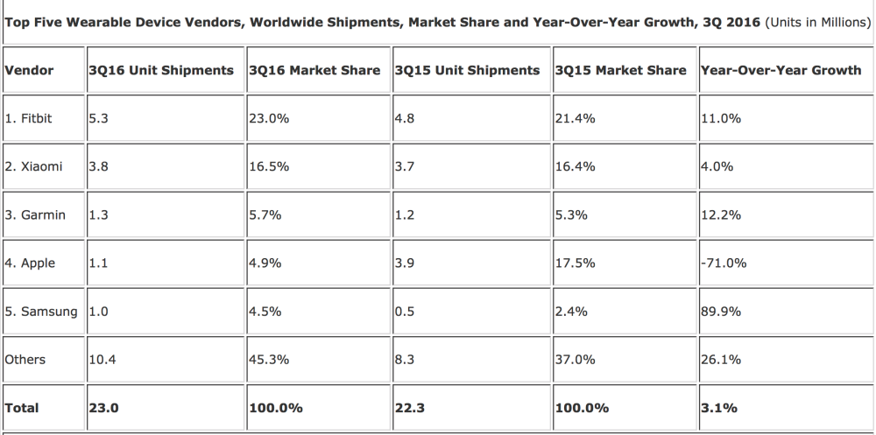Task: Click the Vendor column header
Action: click(29, 70)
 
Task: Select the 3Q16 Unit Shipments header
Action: click(161, 70)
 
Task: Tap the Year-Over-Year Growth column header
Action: click(781, 70)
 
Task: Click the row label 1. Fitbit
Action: click(29, 118)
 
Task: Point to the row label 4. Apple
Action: click(30, 263)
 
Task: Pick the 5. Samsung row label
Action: click(41, 312)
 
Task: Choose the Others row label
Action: click(25, 360)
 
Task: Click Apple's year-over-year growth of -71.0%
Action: click(724, 263)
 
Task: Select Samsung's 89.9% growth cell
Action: click(721, 311)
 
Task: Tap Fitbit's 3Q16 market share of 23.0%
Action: click(269, 118)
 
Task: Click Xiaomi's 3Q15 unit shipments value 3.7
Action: click(404, 166)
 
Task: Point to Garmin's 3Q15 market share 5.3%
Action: click(571, 215)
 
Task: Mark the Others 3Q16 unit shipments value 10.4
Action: click(102, 360)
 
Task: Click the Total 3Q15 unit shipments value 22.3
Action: click(409, 408)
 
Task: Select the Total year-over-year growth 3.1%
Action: click(719, 408)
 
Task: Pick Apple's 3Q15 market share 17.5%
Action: click(575, 263)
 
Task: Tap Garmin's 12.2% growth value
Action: click(721, 215)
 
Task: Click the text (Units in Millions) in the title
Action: click(818, 23)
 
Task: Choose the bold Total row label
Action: click(22, 408)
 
